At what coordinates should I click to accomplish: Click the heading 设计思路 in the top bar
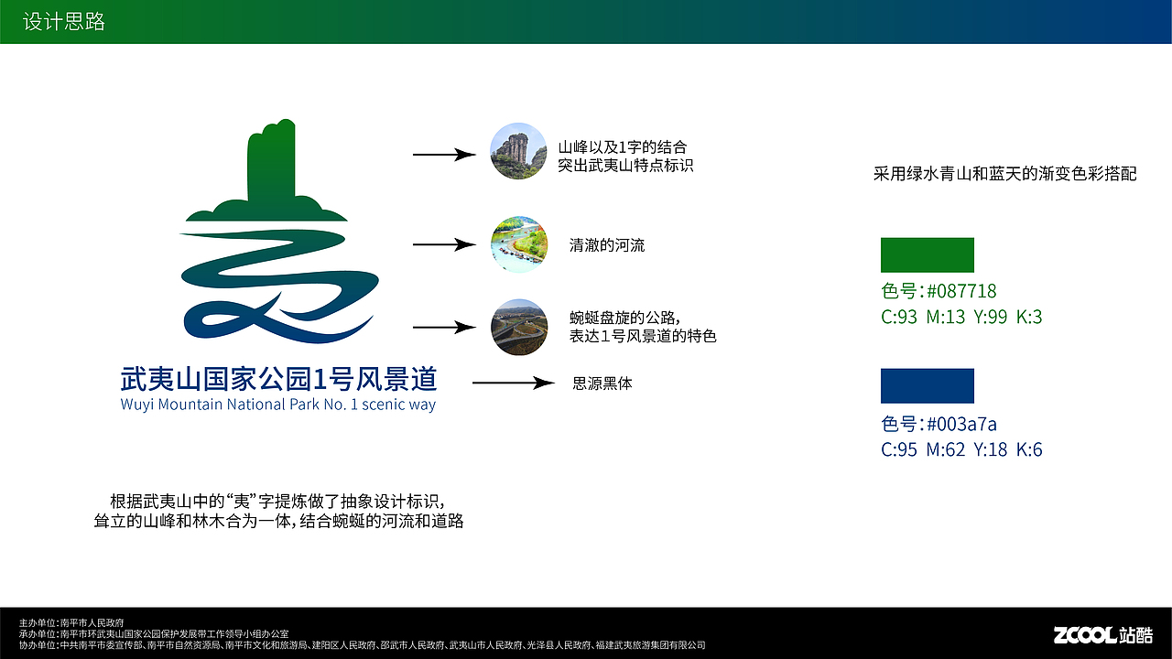click(64, 22)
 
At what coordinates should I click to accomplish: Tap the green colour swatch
click(927, 254)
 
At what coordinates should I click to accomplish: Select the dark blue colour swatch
click(927, 385)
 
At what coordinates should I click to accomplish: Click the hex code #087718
click(961, 291)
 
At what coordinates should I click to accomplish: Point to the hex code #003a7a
click(961, 424)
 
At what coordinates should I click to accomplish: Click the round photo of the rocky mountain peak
click(518, 151)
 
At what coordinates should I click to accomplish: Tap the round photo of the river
click(518, 244)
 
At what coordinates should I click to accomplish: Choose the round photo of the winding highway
click(518, 327)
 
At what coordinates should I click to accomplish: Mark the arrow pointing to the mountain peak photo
click(444, 155)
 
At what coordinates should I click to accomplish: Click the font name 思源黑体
click(602, 384)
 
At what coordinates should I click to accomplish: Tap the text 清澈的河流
click(607, 245)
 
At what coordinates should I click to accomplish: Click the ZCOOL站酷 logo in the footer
click(1102, 634)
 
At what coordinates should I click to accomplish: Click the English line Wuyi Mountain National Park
click(278, 404)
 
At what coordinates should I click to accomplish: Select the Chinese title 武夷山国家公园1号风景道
click(278, 379)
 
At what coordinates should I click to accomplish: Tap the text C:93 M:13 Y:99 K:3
click(961, 318)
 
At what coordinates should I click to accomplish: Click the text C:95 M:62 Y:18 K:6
click(961, 449)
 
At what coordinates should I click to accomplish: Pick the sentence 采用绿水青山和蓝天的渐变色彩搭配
click(1004, 173)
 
